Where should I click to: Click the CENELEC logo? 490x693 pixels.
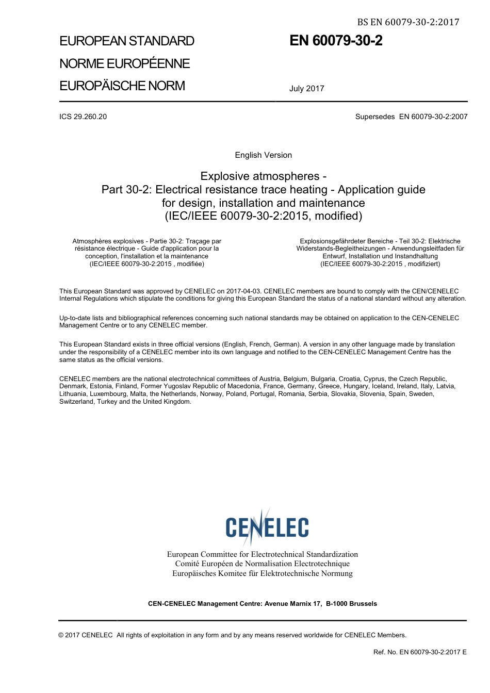(267, 527)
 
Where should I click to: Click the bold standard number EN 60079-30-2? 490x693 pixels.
(336, 41)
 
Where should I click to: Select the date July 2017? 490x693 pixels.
(306, 88)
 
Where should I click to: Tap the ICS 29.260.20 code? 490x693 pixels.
(83, 117)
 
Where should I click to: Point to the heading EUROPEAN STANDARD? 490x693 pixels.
(127, 41)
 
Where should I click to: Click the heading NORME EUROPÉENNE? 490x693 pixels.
(124, 63)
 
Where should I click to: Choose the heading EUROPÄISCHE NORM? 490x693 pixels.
(122, 86)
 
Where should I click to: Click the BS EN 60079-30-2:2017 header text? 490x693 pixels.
(408, 22)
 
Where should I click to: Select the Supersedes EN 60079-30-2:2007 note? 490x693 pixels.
(411, 117)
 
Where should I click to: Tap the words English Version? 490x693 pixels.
(263, 155)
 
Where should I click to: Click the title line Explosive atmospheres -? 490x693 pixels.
(263, 176)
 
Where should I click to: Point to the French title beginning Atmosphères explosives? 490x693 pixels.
(146, 252)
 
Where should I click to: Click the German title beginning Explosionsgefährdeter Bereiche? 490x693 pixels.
(380, 252)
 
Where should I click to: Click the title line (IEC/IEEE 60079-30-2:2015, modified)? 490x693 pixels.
(263, 216)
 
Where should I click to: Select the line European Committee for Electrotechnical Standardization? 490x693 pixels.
(262, 554)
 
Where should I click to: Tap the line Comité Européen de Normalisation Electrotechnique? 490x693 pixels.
(262, 564)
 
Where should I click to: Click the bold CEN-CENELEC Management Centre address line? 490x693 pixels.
(262, 604)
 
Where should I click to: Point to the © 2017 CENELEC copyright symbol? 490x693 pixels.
(61, 635)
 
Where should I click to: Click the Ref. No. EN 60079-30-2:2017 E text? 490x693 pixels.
(419, 652)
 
